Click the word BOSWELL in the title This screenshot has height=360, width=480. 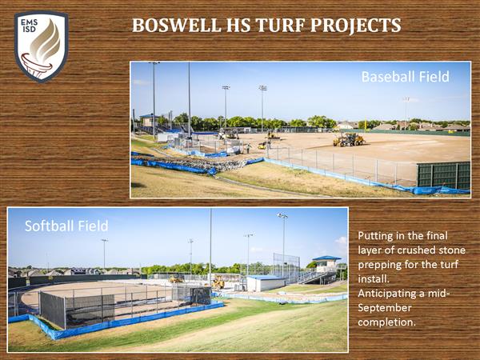(x=176, y=25)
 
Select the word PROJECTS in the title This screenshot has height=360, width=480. (x=356, y=25)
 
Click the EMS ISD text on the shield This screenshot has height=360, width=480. (x=30, y=26)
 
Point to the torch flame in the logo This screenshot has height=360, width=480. (x=46, y=42)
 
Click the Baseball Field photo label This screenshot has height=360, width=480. (x=405, y=77)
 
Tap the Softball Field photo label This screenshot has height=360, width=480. (x=66, y=226)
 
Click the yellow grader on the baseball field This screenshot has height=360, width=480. (x=349, y=139)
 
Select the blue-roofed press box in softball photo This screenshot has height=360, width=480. (x=326, y=263)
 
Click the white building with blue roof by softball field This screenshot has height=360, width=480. (x=266, y=283)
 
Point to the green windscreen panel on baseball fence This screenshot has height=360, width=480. (x=443, y=175)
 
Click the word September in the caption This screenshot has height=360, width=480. (x=385, y=308)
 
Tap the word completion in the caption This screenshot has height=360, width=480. (x=386, y=322)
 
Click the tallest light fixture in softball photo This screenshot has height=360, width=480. (x=282, y=215)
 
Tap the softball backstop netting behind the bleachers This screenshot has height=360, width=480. (x=286, y=264)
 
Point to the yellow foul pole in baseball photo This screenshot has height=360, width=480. (x=365, y=124)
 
